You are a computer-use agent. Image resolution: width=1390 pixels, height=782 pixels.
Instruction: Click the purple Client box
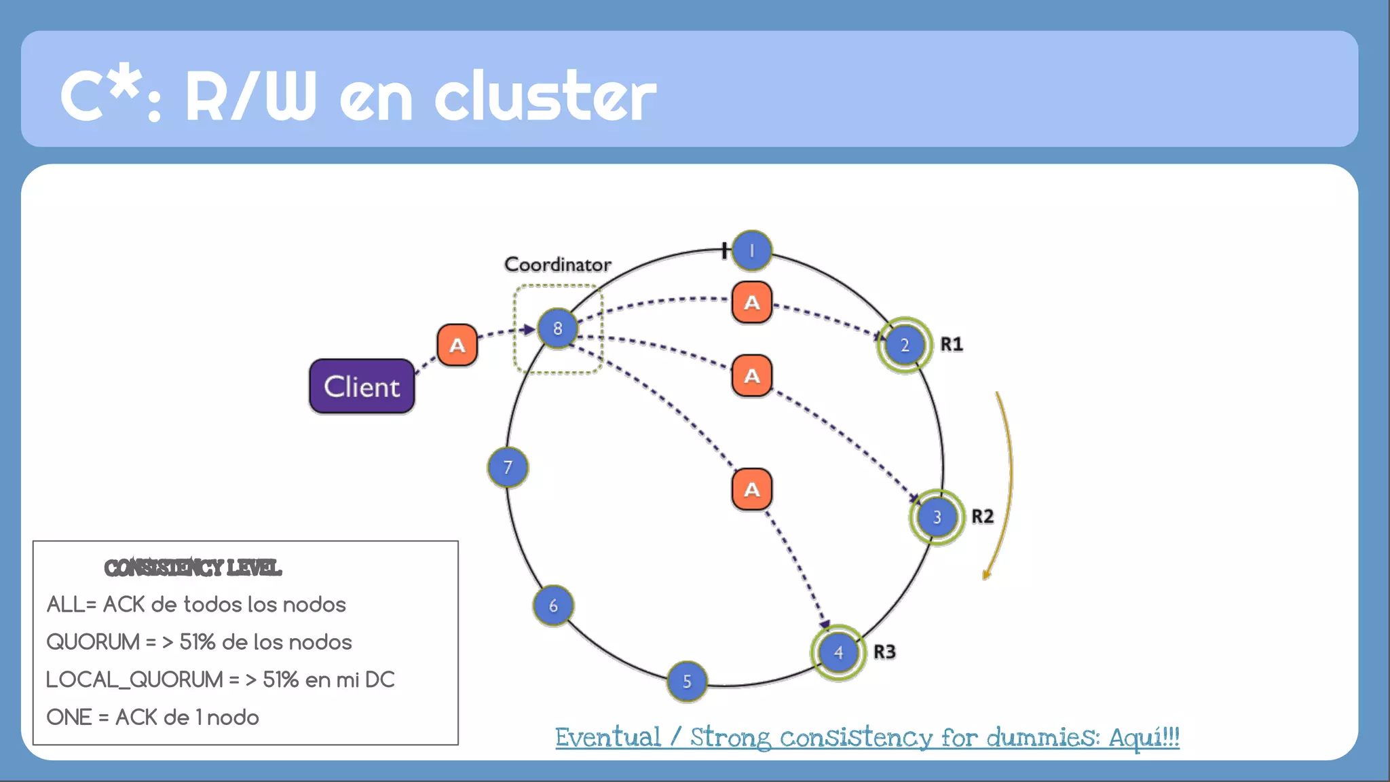pos(362,386)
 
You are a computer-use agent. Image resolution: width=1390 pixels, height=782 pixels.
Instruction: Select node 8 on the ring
pos(557,328)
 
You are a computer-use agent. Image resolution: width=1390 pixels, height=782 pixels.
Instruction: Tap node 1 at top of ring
pos(751,250)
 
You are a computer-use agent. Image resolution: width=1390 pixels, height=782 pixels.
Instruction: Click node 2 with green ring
pos(905,345)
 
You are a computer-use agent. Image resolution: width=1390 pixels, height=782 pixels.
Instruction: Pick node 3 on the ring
pos(937,517)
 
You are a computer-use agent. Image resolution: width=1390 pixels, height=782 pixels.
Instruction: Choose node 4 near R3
pos(838,652)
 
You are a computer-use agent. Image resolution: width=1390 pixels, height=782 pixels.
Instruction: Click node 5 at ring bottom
pos(687,681)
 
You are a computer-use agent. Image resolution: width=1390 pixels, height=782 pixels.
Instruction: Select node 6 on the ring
pos(553,606)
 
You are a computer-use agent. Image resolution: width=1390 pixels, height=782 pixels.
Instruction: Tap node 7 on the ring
pos(508,467)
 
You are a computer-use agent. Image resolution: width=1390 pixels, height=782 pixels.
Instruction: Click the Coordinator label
pos(557,264)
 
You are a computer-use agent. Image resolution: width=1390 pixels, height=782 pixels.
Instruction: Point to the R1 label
pos(952,344)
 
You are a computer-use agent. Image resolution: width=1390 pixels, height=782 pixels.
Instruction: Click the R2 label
pos(982,517)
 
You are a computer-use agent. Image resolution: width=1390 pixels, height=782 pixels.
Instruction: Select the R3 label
pos(884,652)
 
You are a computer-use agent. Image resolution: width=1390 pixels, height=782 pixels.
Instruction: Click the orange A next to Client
pos(457,345)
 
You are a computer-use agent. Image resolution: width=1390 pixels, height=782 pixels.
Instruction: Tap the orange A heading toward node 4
pos(751,489)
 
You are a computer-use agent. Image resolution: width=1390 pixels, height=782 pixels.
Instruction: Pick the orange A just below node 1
pos(751,302)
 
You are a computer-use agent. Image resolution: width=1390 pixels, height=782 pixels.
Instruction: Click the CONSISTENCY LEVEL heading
pos(193,567)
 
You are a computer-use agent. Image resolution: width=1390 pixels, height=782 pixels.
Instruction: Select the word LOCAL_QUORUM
pos(134,679)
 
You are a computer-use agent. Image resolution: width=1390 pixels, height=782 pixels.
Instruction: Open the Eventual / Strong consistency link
pos(867,737)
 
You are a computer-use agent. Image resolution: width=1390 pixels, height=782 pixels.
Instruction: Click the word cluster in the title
pos(545,96)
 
